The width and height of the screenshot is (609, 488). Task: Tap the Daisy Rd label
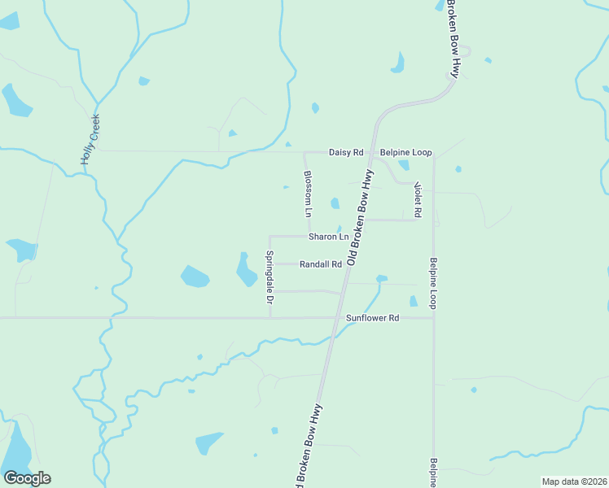pyautogui.click(x=345, y=152)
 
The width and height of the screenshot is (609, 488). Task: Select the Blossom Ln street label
pyautogui.click(x=308, y=194)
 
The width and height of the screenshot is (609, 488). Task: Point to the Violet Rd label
pyautogui.click(x=418, y=199)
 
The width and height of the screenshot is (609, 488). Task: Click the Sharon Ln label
pyautogui.click(x=328, y=237)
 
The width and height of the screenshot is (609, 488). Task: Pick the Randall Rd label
pyautogui.click(x=320, y=264)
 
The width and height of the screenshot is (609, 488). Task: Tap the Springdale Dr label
pyautogui.click(x=269, y=278)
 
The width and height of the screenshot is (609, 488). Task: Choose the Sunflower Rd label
pyautogui.click(x=372, y=318)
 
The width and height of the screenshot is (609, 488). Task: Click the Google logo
pyautogui.click(x=27, y=478)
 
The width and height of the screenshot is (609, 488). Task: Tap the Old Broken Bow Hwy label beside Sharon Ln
pyautogui.click(x=360, y=218)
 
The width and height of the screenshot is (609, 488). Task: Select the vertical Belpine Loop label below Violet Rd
pyautogui.click(x=434, y=284)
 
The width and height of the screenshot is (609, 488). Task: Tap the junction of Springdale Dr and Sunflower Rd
pyautogui.click(x=269, y=318)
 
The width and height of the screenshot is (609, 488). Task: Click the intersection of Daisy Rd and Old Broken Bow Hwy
pyautogui.click(x=375, y=152)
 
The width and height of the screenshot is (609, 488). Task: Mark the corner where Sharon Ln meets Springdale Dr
pyautogui.click(x=269, y=237)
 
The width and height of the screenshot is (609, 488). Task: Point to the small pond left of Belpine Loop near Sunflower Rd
pyautogui.click(x=413, y=301)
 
